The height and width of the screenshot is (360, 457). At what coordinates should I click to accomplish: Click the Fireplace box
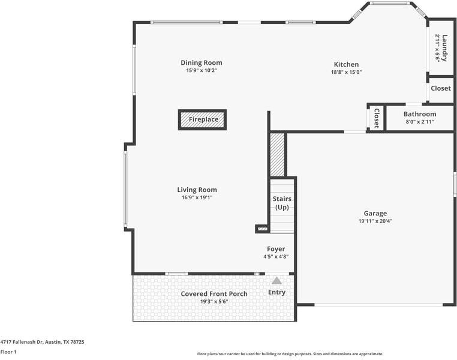coord(202,119)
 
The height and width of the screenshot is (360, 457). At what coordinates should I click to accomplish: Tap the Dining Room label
coord(202,62)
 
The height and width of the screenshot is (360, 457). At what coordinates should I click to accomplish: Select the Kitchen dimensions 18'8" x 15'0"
coord(346,72)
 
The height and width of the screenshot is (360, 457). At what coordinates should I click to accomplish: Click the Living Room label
coord(197,190)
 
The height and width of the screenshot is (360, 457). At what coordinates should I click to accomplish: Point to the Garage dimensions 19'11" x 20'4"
coord(375,221)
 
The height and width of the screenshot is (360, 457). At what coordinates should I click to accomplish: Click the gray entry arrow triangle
coord(276,281)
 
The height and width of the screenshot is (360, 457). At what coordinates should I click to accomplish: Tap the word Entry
coord(276,292)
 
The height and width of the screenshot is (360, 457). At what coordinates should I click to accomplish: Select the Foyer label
coord(276,249)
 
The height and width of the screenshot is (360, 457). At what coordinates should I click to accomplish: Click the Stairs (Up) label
coord(282,203)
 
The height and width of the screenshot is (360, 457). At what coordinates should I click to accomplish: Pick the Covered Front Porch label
coord(214,294)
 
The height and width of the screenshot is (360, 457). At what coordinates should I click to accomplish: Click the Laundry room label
coord(444,48)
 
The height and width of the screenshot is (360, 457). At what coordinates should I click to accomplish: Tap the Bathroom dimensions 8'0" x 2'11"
coord(420,122)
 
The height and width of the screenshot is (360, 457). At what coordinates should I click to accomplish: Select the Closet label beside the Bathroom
coord(376,118)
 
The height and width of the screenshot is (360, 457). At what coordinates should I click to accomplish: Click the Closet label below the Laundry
coord(441,88)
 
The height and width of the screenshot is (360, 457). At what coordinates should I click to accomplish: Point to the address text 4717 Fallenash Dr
coord(22,342)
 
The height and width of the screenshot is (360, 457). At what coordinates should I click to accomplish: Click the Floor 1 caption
coord(8,352)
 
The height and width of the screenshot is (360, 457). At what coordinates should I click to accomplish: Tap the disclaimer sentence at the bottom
coord(290,354)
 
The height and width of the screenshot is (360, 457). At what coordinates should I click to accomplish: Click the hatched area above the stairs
coord(277,155)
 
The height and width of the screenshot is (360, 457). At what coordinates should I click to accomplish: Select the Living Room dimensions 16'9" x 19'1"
coord(197,197)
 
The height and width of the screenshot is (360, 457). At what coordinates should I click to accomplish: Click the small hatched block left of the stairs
coord(263,229)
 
